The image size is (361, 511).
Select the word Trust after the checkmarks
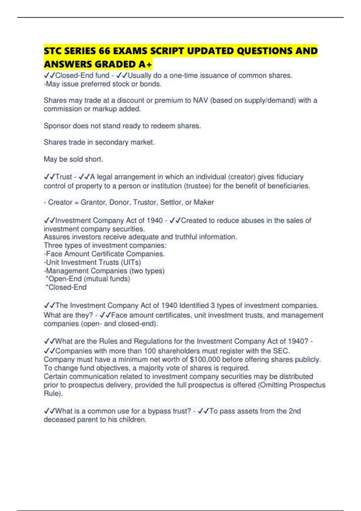(64, 177)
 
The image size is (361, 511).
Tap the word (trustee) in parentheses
(197, 186)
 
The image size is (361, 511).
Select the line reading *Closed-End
(66, 287)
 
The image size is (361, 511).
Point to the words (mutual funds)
(107, 279)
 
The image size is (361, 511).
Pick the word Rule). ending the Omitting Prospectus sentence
(53, 393)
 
